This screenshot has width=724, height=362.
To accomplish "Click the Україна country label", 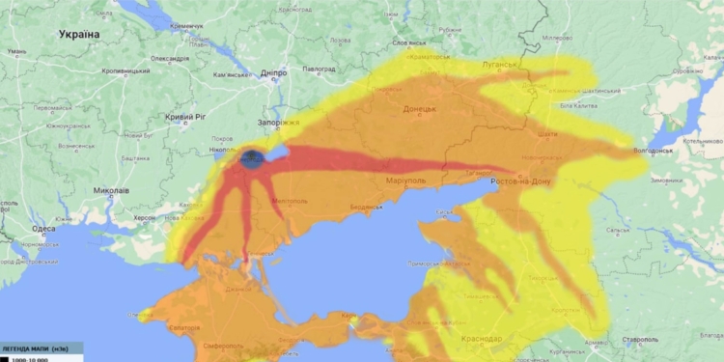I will tap(79, 34).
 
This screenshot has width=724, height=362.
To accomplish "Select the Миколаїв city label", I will tap(112, 190).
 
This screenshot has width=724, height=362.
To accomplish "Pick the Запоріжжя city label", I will tap(279, 124).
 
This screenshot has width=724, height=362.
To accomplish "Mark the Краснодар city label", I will tap(482, 339).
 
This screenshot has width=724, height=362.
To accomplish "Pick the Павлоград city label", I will tap(318, 70).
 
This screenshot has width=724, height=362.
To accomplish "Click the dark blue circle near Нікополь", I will tap(253, 158).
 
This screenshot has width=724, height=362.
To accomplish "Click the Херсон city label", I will tap(145, 219).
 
